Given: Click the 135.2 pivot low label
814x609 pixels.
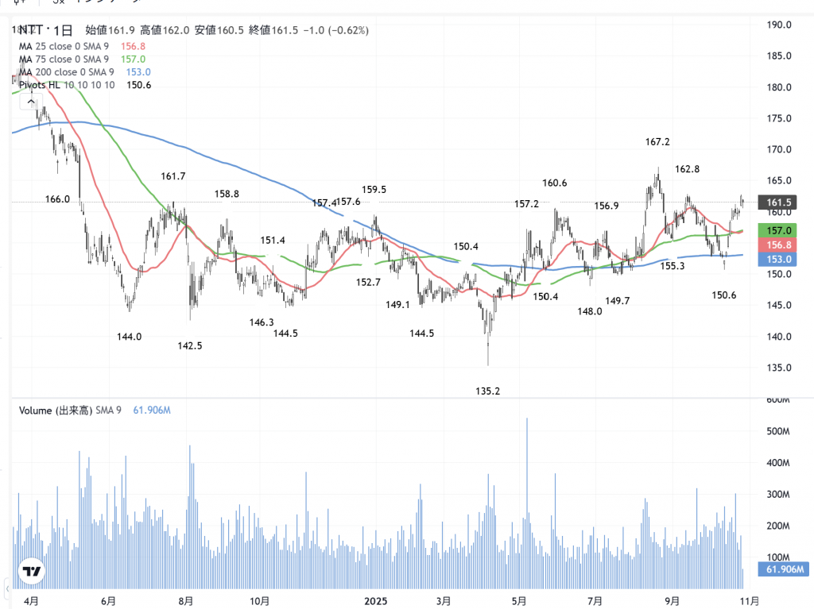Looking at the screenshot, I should tap(487, 391).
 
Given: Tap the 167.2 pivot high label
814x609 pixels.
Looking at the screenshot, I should tap(657, 142).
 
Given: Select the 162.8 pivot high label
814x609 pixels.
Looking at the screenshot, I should tap(687, 169).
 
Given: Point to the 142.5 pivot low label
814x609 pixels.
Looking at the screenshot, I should tap(189, 345).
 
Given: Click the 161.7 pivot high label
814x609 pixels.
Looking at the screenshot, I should tap(172, 176).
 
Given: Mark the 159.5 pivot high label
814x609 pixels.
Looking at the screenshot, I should tap(374, 190).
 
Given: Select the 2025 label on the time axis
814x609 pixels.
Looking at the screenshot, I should tap(375, 601).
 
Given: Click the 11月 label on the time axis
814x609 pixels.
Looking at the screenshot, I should tap(749, 601).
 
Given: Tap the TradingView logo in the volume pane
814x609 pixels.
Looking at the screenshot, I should tap(32, 572).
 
